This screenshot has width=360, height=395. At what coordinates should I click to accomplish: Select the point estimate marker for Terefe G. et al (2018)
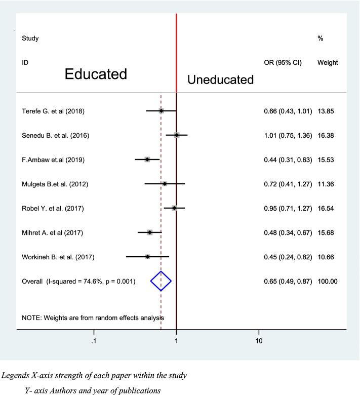click(x=161, y=110)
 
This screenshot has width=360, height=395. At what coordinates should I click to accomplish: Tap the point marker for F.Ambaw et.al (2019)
click(x=147, y=160)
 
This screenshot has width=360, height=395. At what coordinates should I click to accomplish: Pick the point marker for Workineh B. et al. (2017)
click(x=147, y=257)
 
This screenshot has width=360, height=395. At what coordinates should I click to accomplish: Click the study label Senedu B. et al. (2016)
click(x=56, y=135)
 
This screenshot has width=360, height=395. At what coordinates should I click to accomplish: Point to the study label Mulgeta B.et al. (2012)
click(x=55, y=184)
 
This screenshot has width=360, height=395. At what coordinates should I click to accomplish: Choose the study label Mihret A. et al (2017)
click(x=52, y=232)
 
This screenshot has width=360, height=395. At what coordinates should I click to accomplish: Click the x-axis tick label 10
click(x=258, y=342)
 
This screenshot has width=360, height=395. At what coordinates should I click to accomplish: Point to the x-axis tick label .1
click(x=94, y=342)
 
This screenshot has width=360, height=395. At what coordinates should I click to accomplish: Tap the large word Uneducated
click(x=221, y=80)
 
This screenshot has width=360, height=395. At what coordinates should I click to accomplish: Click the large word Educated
click(x=96, y=74)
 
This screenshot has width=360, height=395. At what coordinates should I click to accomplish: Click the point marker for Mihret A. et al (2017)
click(x=150, y=232)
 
